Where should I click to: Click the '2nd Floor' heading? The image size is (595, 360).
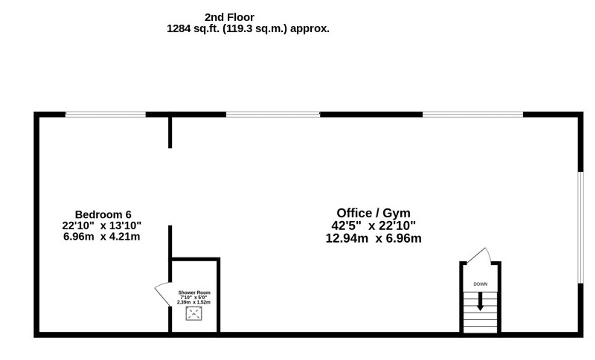pyautogui.click(x=229, y=17)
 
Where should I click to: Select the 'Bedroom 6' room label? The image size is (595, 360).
pyautogui.click(x=103, y=215)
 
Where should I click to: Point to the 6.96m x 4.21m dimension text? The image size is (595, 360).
pyautogui.click(x=101, y=237)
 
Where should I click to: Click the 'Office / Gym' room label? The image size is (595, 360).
pyautogui.click(x=373, y=213)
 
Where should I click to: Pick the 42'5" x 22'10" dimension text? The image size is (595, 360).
pyautogui.click(x=373, y=226)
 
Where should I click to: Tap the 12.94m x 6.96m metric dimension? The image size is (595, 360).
pyautogui.click(x=373, y=239)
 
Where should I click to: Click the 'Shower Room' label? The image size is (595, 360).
pyautogui.click(x=194, y=292)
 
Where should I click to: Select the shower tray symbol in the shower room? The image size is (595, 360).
pyautogui.click(x=194, y=314)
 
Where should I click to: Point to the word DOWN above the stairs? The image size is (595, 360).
pyautogui.click(x=480, y=284)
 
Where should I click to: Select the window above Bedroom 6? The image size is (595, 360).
pyautogui.click(x=105, y=114)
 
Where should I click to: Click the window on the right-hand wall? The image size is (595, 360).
pyautogui.click(x=580, y=227)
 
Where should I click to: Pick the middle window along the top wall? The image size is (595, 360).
pyautogui.click(x=273, y=114)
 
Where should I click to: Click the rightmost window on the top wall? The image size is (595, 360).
pyautogui.click(x=472, y=114)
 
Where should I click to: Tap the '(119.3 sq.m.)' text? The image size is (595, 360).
pyautogui.click(x=255, y=29)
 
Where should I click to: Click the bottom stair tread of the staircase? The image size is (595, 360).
pyautogui.click(x=480, y=330)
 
